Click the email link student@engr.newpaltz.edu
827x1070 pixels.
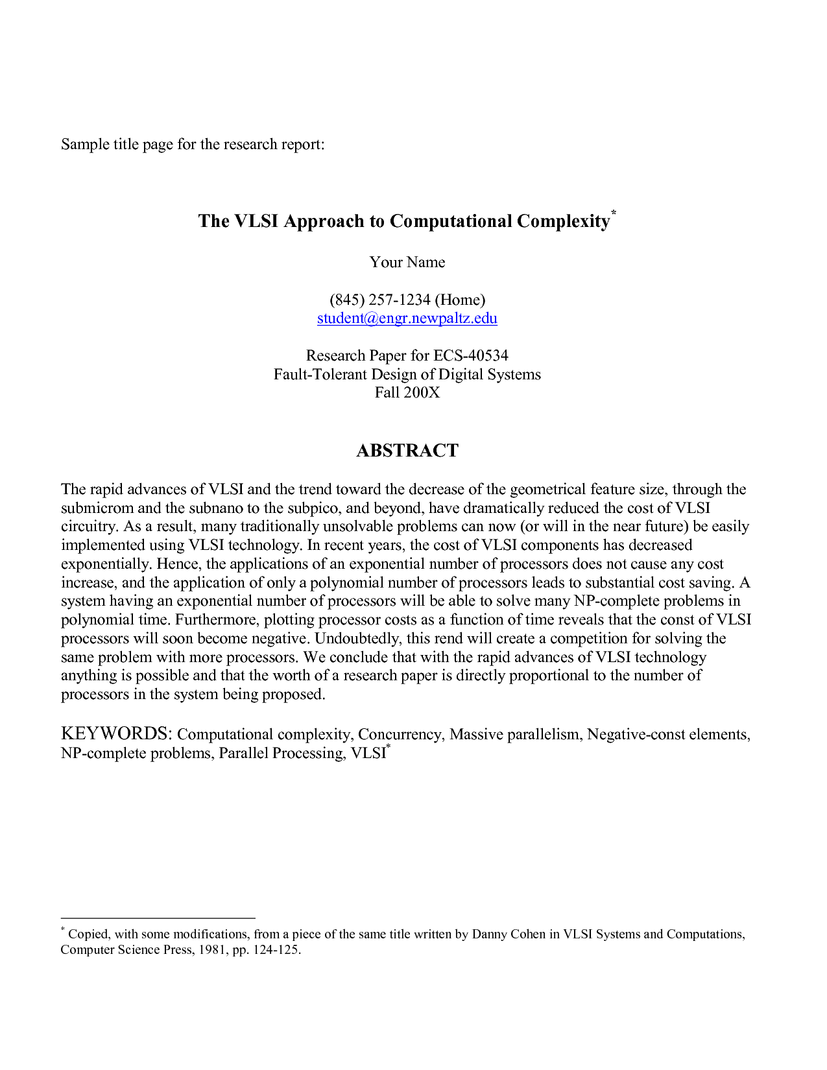click(407, 318)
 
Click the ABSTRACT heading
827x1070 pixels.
click(407, 451)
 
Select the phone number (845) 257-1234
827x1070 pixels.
click(380, 300)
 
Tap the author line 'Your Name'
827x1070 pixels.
click(407, 262)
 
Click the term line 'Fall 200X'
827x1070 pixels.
click(407, 392)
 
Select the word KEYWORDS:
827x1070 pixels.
click(116, 734)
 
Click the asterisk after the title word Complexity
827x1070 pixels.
click(614, 213)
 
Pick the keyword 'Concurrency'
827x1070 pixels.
click(400, 735)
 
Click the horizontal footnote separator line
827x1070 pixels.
click(158, 918)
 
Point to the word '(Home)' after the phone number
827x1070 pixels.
click(460, 300)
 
